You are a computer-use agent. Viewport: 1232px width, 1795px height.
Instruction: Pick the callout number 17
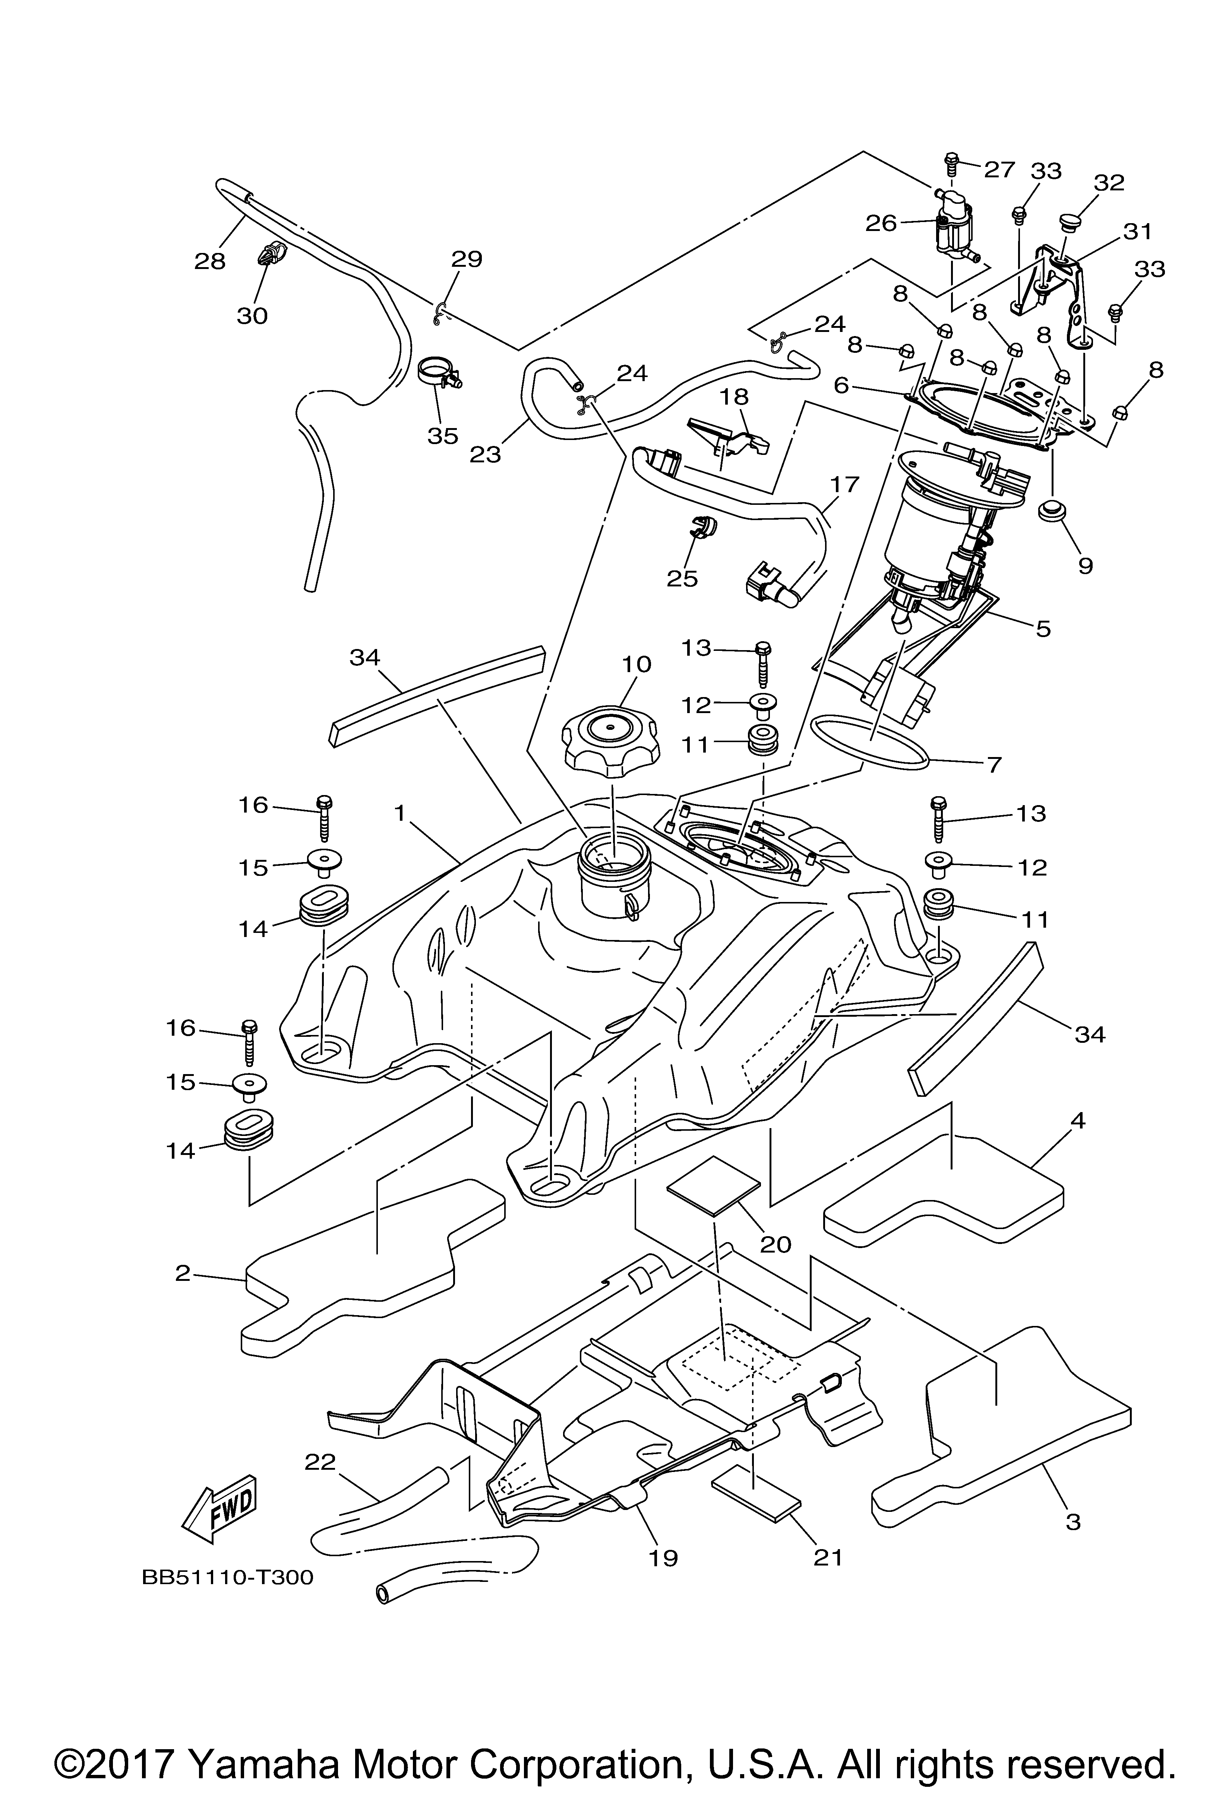point(845,484)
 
